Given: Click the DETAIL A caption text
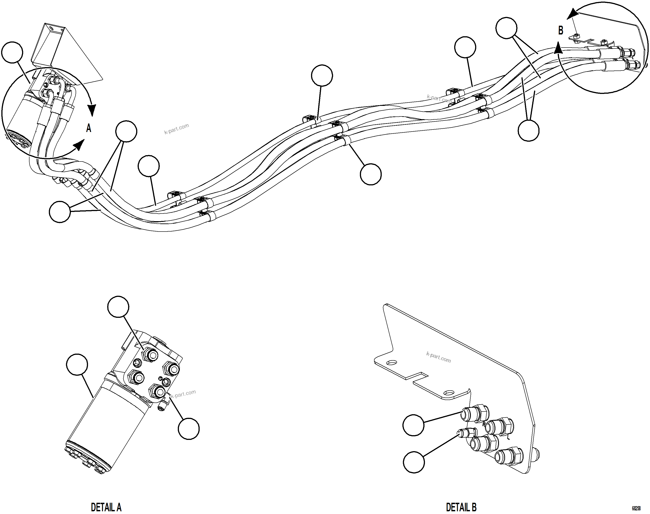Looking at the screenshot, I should [106, 507].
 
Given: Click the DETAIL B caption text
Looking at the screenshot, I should [461, 507].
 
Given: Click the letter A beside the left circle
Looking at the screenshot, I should [89, 128].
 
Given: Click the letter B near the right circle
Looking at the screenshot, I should [561, 31].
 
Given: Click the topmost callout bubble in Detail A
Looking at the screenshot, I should [118, 307].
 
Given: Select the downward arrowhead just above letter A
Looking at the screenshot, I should [92, 110].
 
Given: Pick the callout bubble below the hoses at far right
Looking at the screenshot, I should [528, 131].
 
